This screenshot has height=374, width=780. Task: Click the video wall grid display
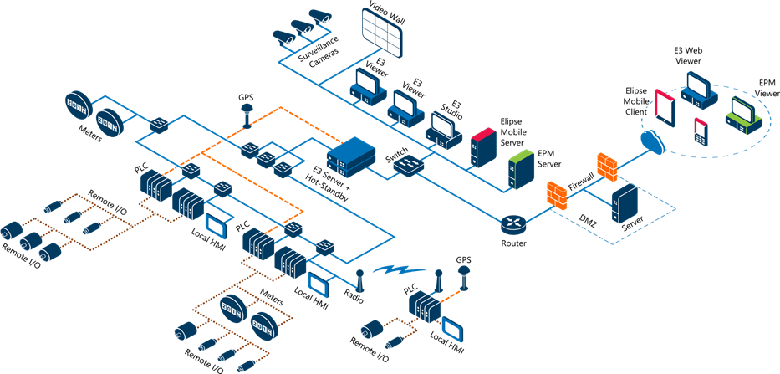381,30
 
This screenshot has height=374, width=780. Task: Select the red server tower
483,147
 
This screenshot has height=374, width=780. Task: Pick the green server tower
521,169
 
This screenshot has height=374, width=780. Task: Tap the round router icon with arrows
512,223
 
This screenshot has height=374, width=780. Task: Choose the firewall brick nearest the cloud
607,166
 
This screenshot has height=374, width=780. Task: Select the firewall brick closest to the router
557,195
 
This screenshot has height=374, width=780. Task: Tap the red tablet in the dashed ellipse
664,105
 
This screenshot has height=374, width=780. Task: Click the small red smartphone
700,131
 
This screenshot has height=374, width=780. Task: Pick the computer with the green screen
742,115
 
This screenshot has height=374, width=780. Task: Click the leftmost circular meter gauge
78,106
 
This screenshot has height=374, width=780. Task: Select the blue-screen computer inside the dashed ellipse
697,90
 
